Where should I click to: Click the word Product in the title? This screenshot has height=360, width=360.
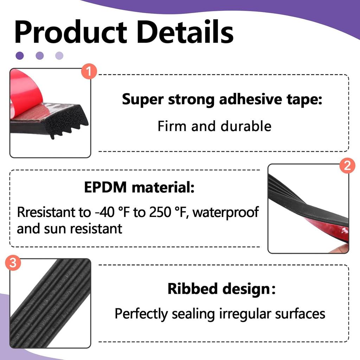tap(70, 32)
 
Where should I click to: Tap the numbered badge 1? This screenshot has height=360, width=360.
tap(89, 72)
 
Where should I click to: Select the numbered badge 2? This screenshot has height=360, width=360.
tap(347, 166)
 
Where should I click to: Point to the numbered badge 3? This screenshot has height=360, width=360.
tap(13, 264)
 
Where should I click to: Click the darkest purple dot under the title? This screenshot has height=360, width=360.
tap(20, 55)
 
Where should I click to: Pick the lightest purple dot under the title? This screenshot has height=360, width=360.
tap(59, 55)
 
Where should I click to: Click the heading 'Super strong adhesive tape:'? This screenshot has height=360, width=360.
tap(222, 99)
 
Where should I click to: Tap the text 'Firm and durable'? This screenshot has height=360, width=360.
tap(214, 126)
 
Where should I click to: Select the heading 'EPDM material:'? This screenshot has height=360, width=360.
tap(139, 188)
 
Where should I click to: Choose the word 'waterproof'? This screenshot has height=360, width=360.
tap(226, 212)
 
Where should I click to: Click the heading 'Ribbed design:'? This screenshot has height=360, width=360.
tap(221, 289)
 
